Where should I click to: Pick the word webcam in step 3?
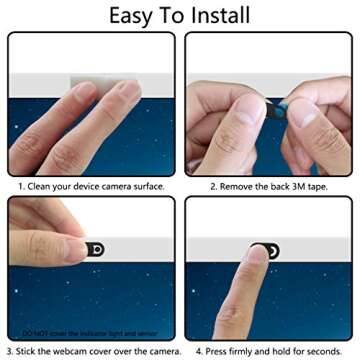(x=77, y=351)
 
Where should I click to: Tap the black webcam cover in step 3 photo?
(x=95, y=248)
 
